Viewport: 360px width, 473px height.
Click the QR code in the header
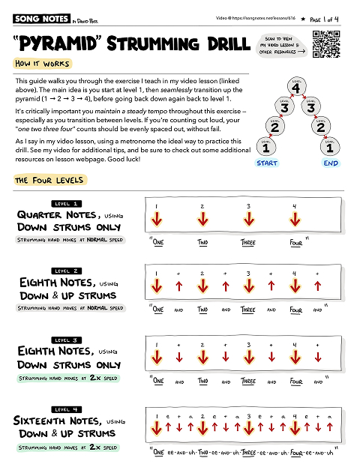tap(325, 43)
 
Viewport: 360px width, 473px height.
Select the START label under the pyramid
tap(267, 162)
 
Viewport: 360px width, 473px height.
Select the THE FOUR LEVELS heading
tap(49, 181)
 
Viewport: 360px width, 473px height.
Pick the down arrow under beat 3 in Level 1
tap(248, 220)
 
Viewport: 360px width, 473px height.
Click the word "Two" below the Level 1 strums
tap(202, 243)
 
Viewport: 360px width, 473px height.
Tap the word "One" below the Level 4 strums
tap(158, 452)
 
